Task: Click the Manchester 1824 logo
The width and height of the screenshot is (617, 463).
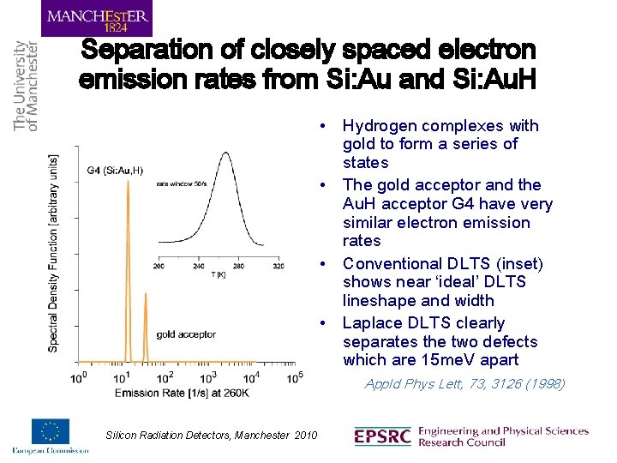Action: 97,18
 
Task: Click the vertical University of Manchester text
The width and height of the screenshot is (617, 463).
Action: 26,86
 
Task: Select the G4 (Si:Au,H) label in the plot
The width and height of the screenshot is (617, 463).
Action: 115,170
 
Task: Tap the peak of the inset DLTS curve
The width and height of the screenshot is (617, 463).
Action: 227,155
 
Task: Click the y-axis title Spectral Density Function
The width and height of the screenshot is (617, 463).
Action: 54,253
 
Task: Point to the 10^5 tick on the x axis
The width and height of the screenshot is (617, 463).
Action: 295,377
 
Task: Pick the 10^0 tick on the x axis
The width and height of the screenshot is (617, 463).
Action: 77,377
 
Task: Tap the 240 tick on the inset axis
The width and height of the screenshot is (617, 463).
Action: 199,266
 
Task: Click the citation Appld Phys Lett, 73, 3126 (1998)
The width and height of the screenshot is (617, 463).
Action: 464,383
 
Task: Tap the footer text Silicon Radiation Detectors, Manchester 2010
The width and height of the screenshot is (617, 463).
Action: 211,436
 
